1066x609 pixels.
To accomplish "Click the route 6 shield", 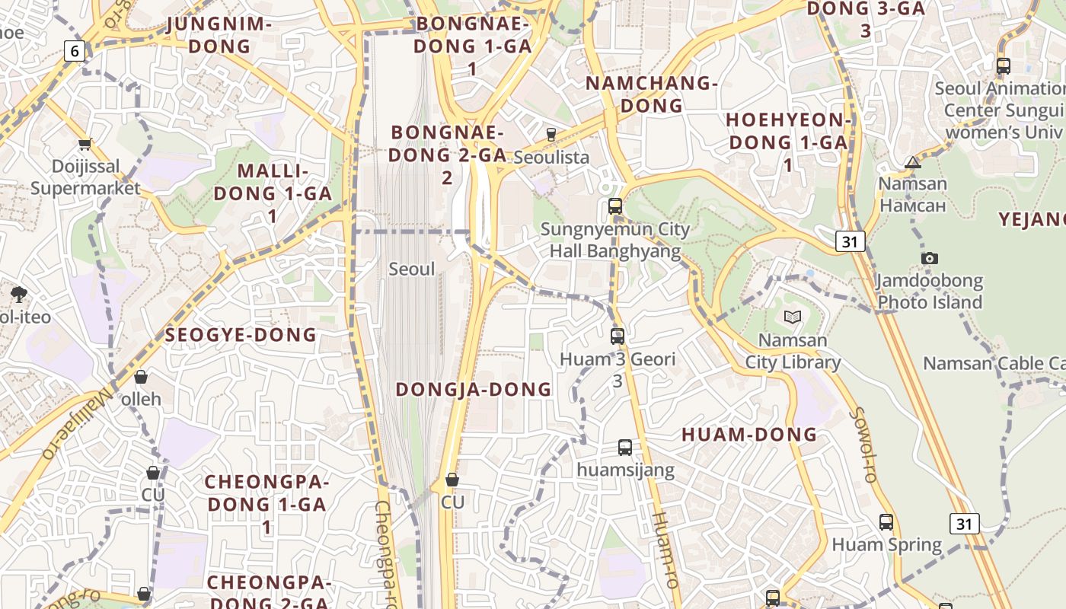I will coord(74,51).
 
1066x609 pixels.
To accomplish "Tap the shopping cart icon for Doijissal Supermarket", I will coord(85,144).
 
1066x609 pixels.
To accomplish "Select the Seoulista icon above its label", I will coord(551,134).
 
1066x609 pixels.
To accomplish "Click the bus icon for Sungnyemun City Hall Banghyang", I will coord(615,206).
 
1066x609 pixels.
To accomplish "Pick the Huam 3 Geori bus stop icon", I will coord(618,336).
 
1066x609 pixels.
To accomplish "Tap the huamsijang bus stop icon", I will coord(625,448).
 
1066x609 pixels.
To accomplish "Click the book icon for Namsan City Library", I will coord(792,317).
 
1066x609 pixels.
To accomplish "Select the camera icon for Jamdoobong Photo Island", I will coord(929,258).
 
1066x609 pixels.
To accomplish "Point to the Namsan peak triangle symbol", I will coord(913,162).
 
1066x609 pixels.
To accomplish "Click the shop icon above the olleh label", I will coord(141,377).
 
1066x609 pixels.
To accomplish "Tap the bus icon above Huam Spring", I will coord(886,522).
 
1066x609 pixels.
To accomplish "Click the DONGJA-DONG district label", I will coord(474,390).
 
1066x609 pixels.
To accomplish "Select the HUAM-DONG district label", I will coord(749,435).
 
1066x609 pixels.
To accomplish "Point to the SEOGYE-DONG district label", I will coord(241,335).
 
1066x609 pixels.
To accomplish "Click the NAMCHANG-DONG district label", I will coord(651,94).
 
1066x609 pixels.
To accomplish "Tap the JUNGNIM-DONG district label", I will coord(219,35).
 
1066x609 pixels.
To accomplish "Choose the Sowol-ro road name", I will coord(862,445).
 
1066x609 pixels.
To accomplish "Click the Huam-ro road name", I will coord(664,548).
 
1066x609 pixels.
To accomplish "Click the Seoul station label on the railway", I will coord(412,269).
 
